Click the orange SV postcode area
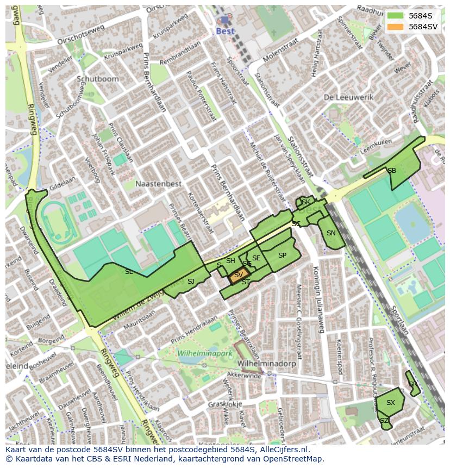tap(237, 276)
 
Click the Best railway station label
tap(225, 31)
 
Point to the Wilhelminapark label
tap(204, 353)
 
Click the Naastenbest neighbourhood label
tap(158, 184)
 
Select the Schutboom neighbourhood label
tap(97, 78)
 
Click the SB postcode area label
tap(391, 171)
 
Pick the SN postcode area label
tap(331, 233)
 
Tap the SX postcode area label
tap(390, 403)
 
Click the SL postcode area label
tap(129, 271)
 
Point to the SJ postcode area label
tap(191, 281)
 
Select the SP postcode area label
tap(282, 255)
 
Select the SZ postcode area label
tap(384, 421)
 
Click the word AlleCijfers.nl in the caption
tap(282, 450)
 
